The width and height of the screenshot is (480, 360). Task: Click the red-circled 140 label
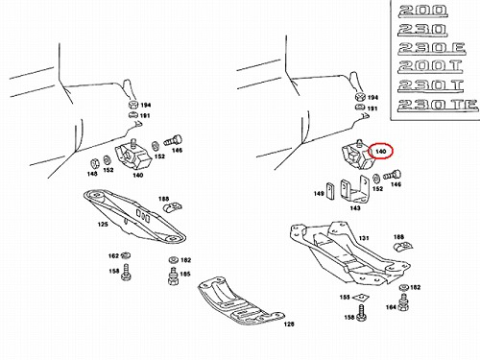tap(380, 151)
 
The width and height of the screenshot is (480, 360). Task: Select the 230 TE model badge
tap(438, 106)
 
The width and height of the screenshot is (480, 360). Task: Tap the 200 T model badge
tap(430, 66)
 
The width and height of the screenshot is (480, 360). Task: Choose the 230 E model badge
tap(432, 48)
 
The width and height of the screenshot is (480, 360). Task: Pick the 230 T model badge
tap(431, 85)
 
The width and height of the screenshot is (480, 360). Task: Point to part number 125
tap(103, 225)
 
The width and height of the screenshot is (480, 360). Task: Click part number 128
tap(289, 324)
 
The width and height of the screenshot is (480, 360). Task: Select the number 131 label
tap(364, 238)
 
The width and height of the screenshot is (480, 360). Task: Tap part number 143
tap(355, 208)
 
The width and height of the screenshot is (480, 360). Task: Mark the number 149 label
tap(319, 194)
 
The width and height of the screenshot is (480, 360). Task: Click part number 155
tap(345, 298)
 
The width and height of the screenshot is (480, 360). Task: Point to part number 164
tap(391, 307)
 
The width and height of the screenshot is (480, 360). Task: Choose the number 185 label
tap(185, 274)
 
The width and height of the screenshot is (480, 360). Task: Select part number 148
tap(92, 174)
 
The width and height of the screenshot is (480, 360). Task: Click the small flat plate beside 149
tap(329, 191)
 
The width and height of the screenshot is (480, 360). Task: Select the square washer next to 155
tap(361, 298)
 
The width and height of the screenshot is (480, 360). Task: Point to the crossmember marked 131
tap(348, 252)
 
